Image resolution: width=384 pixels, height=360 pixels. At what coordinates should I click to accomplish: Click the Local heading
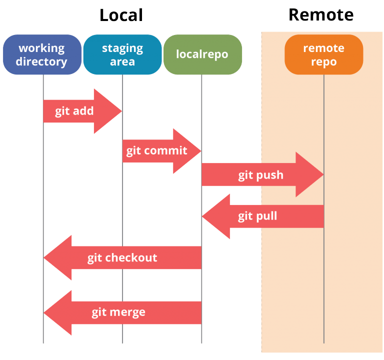pyautogui.click(x=121, y=15)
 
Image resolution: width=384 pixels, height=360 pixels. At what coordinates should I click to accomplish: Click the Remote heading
pyautogui.click(x=321, y=15)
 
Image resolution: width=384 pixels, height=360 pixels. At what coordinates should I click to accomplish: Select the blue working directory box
pyautogui.click(x=42, y=54)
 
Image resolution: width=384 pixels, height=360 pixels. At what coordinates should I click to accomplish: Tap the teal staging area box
pyautogui.click(x=122, y=54)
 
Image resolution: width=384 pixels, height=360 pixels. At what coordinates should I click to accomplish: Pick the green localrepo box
pyautogui.click(x=202, y=54)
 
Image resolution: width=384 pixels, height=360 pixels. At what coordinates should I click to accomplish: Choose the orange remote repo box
pyautogui.click(x=323, y=54)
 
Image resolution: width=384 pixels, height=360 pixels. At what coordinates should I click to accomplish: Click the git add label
pyautogui.click(x=74, y=111)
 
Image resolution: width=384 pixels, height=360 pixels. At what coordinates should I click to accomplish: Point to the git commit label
pyautogui.click(x=156, y=150)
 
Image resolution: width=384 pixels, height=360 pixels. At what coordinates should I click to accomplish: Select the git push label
pyautogui.click(x=260, y=175)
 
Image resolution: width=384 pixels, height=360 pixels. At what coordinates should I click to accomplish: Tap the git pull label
pyautogui.click(x=257, y=216)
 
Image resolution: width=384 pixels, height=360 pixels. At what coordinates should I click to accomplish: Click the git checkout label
pyautogui.click(x=122, y=258)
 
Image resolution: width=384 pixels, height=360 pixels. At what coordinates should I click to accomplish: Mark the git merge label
pyautogui.click(x=118, y=312)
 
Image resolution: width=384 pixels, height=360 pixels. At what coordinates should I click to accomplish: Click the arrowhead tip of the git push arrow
pyautogui.click(x=323, y=174)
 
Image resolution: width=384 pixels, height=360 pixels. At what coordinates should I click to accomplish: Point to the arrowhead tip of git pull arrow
pyautogui.click(x=202, y=216)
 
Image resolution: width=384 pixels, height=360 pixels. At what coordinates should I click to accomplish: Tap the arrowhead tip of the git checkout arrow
pyautogui.click(x=44, y=258)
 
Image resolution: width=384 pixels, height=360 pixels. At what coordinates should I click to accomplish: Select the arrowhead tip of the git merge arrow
pyautogui.click(x=44, y=312)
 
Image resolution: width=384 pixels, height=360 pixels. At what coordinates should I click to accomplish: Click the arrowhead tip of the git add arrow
pyautogui.click(x=121, y=111)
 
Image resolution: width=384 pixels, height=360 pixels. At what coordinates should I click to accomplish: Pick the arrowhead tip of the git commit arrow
pyautogui.click(x=200, y=150)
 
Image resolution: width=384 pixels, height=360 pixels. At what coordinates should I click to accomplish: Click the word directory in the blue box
pyautogui.click(x=41, y=61)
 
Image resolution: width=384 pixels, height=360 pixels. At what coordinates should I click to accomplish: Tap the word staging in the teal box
pyautogui.click(x=122, y=48)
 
